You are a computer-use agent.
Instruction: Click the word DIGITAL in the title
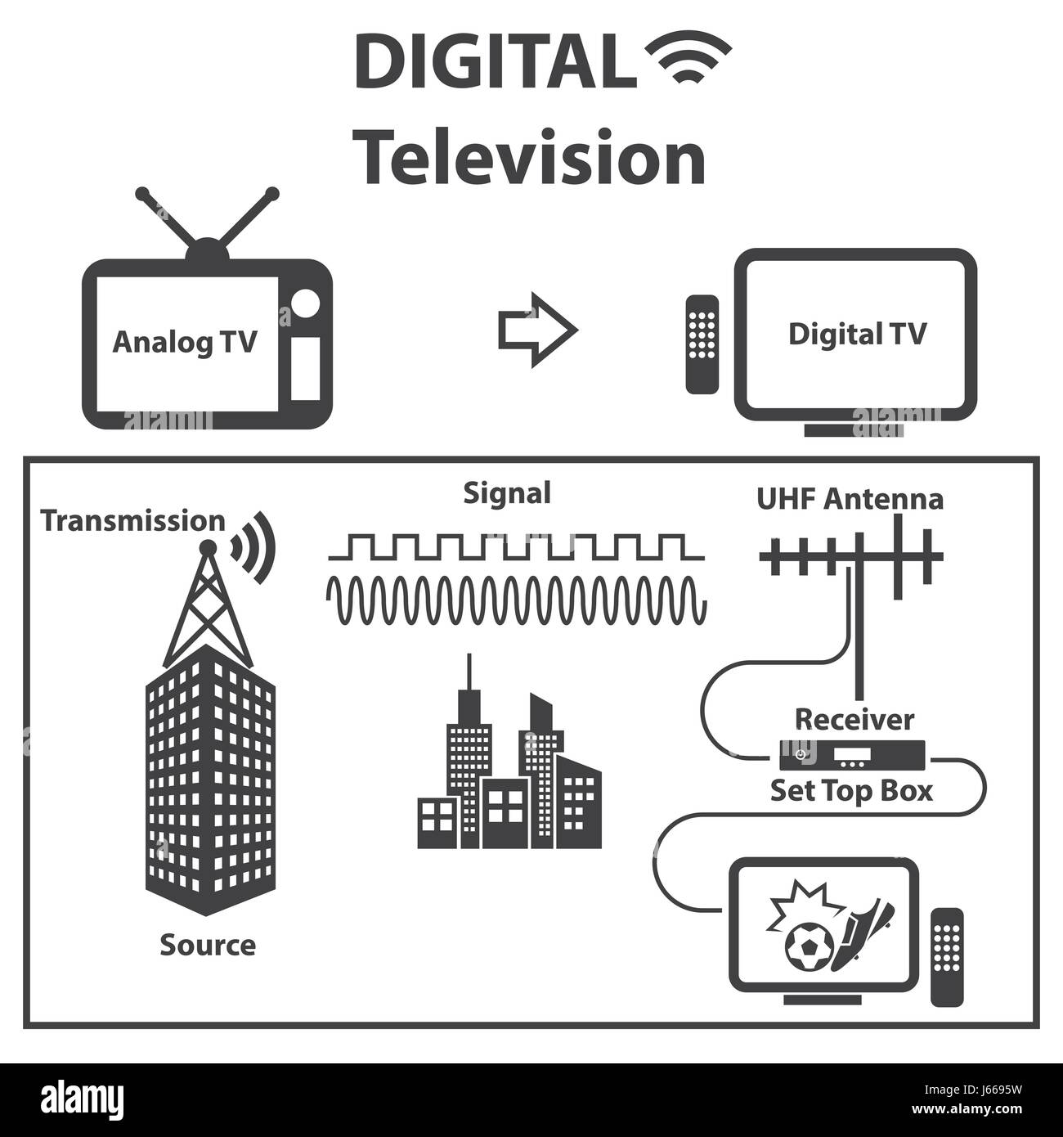click(x=496, y=63)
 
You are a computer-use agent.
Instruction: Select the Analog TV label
click(x=184, y=342)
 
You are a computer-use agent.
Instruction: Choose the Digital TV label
click(x=857, y=334)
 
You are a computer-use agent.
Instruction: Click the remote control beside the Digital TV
click(x=702, y=344)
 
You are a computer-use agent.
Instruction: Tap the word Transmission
click(x=133, y=520)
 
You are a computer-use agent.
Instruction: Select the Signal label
click(x=507, y=492)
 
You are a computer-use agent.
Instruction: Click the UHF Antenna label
click(x=850, y=498)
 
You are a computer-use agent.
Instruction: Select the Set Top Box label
click(x=851, y=791)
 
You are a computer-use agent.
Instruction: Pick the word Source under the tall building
click(x=208, y=945)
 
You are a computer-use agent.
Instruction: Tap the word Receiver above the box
click(x=854, y=720)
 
